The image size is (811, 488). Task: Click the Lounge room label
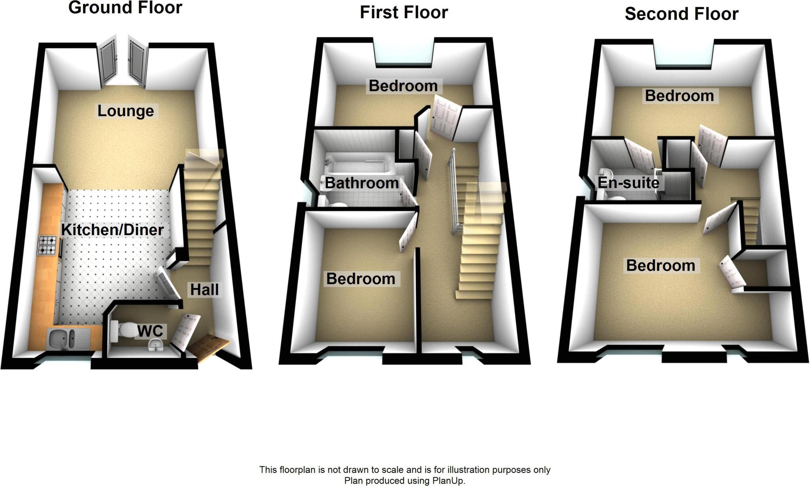126,111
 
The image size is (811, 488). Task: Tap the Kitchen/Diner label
112,230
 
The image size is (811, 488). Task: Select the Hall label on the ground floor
204,289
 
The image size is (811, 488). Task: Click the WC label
150,331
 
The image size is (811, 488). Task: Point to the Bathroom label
362,183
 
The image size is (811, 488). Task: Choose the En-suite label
628,182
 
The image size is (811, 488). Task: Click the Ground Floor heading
125,8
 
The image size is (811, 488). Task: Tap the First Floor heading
404,12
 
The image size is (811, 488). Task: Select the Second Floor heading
681,14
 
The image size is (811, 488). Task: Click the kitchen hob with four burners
47,245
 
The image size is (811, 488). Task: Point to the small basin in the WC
156,347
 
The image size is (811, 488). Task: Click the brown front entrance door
207,347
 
